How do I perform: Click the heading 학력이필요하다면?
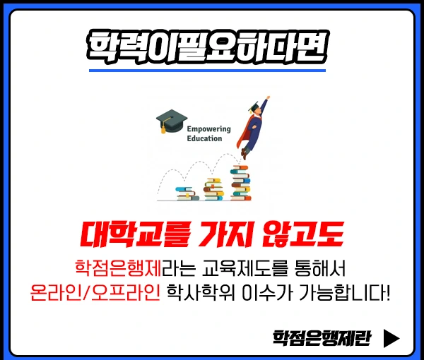click(206, 45)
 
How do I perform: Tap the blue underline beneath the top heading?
click(206, 70)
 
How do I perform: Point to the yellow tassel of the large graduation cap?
click(163, 128)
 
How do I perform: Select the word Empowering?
click(209, 129)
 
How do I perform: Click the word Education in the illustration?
click(204, 139)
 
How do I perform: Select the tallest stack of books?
click(240, 181)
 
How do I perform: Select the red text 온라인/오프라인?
click(96, 292)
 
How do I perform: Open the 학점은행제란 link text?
click(322, 337)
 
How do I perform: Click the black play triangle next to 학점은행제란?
click(391, 337)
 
